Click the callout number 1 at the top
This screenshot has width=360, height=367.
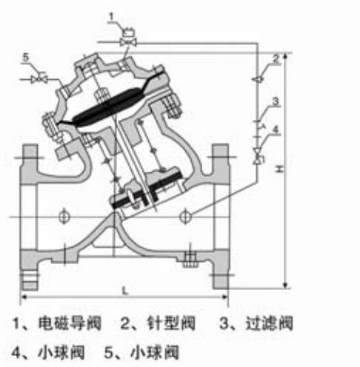click(x=112, y=17)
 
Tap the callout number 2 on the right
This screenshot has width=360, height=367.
click(x=276, y=58)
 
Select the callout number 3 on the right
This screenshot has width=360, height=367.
click(x=276, y=101)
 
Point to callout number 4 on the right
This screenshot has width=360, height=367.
click(x=276, y=129)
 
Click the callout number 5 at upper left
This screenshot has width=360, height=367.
click(x=26, y=57)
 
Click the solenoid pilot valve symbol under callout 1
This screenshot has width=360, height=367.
click(x=128, y=39)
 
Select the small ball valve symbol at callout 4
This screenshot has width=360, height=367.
click(x=257, y=157)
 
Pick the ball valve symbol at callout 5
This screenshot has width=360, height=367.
click(x=39, y=79)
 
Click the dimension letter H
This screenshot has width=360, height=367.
click(x=279, y=169)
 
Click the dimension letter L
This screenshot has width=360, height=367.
click(x=125, y=291)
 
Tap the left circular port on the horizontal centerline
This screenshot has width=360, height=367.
click(x=64, y=217)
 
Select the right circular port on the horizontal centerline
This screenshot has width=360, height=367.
click(x=185, y=217)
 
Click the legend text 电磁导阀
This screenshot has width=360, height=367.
click(x=70, y=323)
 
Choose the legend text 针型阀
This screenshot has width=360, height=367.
click(x=171, y=323)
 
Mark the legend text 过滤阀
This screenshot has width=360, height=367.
click(x=269, y=323)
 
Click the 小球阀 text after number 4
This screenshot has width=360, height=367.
click(x=61, y=352)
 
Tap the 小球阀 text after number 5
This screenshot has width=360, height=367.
click(x=155, y=352)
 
